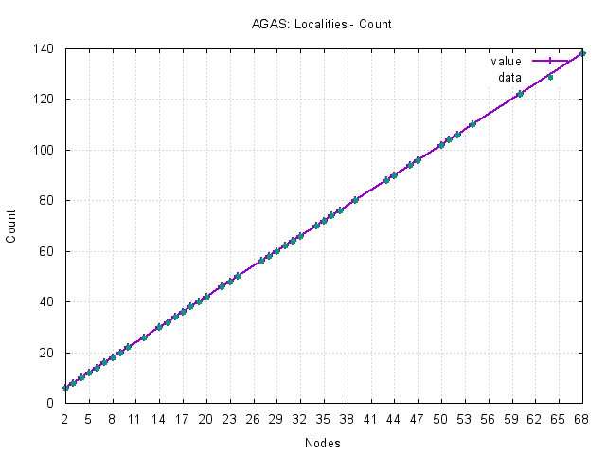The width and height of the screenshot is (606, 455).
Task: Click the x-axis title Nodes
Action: (323, 443)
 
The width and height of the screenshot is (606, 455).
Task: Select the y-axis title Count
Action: (11, 226)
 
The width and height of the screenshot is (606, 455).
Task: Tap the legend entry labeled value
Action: (506, 62)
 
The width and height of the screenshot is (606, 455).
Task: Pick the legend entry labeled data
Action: (509, 76)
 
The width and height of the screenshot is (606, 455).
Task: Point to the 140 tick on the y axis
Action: (45, 48)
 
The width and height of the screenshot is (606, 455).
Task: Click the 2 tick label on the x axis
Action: (65, 417)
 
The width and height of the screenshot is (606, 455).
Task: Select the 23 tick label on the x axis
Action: (230, 417)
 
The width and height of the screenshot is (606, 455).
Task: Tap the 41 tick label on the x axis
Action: (371, 417)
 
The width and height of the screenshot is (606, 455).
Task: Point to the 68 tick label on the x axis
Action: (582, 417)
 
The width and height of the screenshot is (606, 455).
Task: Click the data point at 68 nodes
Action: (582, 53)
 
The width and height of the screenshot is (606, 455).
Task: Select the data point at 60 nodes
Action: (520, 94)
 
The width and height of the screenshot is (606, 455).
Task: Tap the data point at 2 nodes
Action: (65, 388)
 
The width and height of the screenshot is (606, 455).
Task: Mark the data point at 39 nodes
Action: (355, 200)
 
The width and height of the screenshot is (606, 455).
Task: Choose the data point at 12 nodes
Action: (144, 337)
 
